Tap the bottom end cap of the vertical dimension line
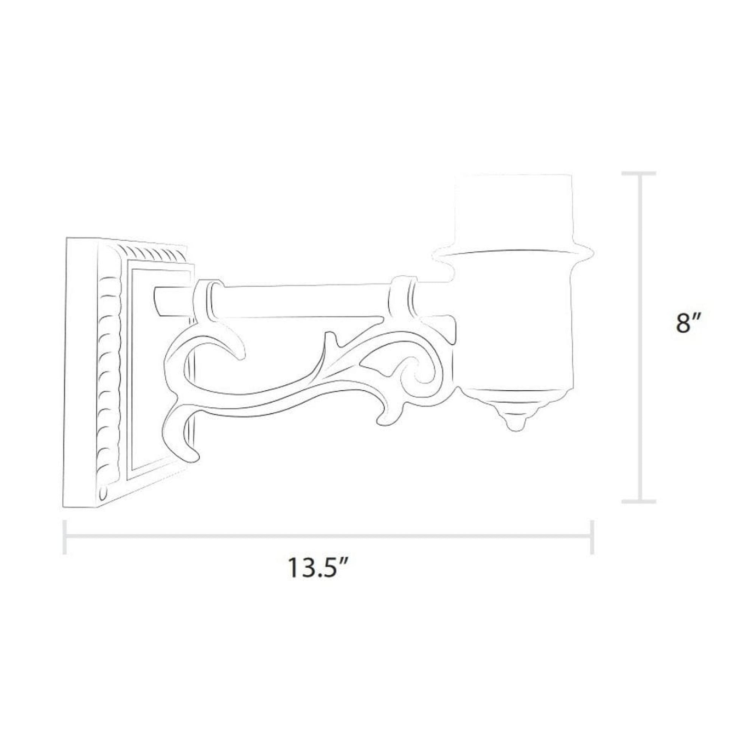coord(639,502)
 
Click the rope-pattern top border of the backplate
coord(152,252)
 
